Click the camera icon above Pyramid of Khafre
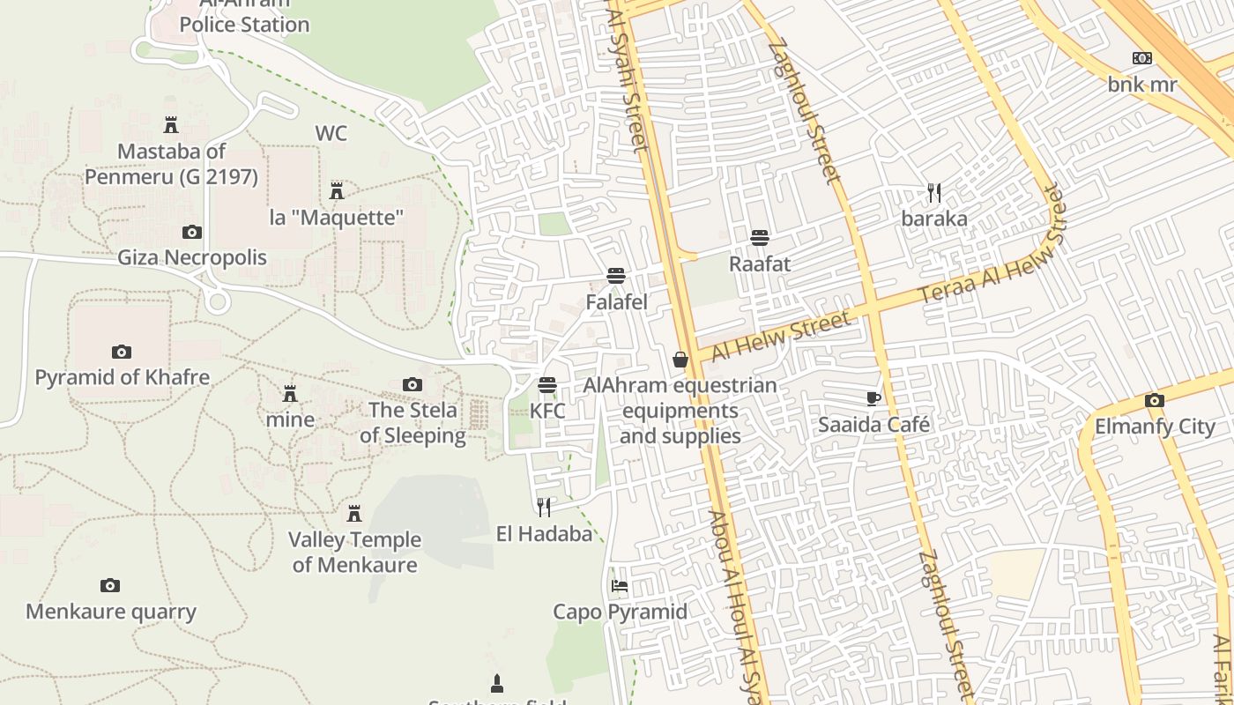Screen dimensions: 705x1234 pyautogui.click(x=122, y=352)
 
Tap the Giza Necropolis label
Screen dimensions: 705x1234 pyautogui.click(x=192, y=258)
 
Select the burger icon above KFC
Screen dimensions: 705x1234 pyautogui.click(x=547, y=385)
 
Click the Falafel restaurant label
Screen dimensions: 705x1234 pyautogui.click(x=616, y=302)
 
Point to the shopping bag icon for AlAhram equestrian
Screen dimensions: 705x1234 pyautogui.click(x=680, y=360)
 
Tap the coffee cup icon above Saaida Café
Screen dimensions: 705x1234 pyautogui.click(x=873, y=398)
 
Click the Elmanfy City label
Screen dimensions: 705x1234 pyautogui.click(x=1155, y=427)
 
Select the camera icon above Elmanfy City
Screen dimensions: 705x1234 pyautogui.click(x=1154, y=401)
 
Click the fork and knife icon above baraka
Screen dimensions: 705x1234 pyautogui.click(x=934, y=192)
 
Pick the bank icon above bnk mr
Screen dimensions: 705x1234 pyautogui.click(x=1141, y=59)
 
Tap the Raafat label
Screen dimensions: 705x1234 pyautogui.click(x=760, y=263)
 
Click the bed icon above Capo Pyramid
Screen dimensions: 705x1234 pyautogui.click(x=620, y=586)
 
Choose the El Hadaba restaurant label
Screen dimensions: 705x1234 pyautogui.click(x=544, y=533)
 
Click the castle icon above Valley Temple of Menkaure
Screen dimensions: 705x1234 pyautogui.click(x=354, y=513)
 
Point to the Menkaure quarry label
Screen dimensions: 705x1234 pyautogui.click(x=111, y=612)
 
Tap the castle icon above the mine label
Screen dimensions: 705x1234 pyautogui.click(x=290, y=393)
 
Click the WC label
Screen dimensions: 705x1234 pyautogui.click(x=331, y=134)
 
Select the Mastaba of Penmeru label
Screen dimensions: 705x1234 pyautogui.click(x=171, y=164)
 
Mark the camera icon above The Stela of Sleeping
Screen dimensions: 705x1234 pyautogui.click(x=412, y=384)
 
